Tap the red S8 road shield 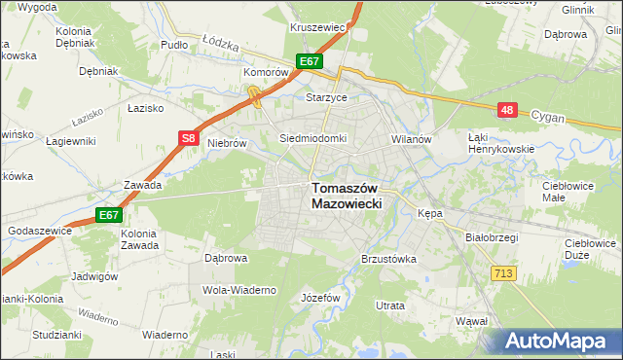coord(189,139)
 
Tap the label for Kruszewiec coord(318,27)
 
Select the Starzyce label coord(354,98)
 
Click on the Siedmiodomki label coord(312,138)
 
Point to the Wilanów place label coord(411,139)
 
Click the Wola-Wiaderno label coord(239,290)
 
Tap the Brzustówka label coord(388,260)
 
